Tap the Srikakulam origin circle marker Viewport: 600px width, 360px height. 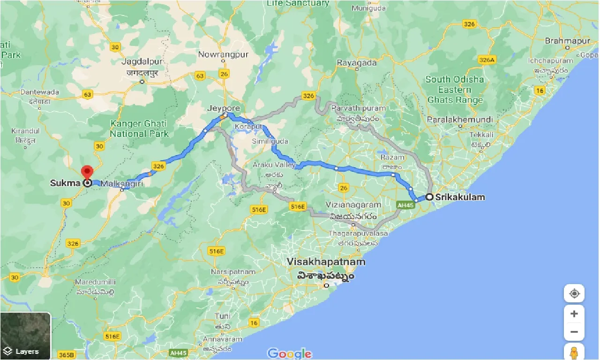[x=429, y=197]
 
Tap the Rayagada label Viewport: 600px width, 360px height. [x=357, y=62]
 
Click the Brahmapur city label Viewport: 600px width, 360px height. [x=567, y=41]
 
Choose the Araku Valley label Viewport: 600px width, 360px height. [x=274, y=165]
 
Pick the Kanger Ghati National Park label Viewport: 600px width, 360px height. [x=139, y=128]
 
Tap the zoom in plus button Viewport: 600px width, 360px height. [x=574, y=314]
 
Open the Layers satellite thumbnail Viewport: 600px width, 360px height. [x=25, y=336]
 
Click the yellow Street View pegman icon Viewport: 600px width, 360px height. [x=574, y=351]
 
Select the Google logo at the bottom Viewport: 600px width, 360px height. [x=289, y=353]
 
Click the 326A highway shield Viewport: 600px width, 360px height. [x=486, y=60]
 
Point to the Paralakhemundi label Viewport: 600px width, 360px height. [x=460, y=120]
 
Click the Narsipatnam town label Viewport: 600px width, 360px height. [x=233, y=271]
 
